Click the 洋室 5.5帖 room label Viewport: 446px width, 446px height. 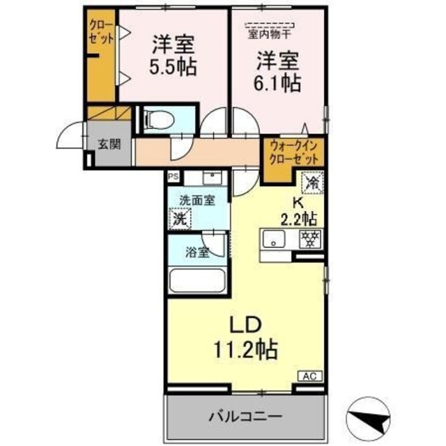pos(173,56)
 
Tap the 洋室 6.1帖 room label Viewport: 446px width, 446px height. pos(277,72)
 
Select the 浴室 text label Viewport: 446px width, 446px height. pos(198,252)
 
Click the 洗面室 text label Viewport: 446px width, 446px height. pos(197,200)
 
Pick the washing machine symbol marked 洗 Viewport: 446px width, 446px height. pos(180,217)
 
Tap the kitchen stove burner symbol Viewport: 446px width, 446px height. pos(309,238)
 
